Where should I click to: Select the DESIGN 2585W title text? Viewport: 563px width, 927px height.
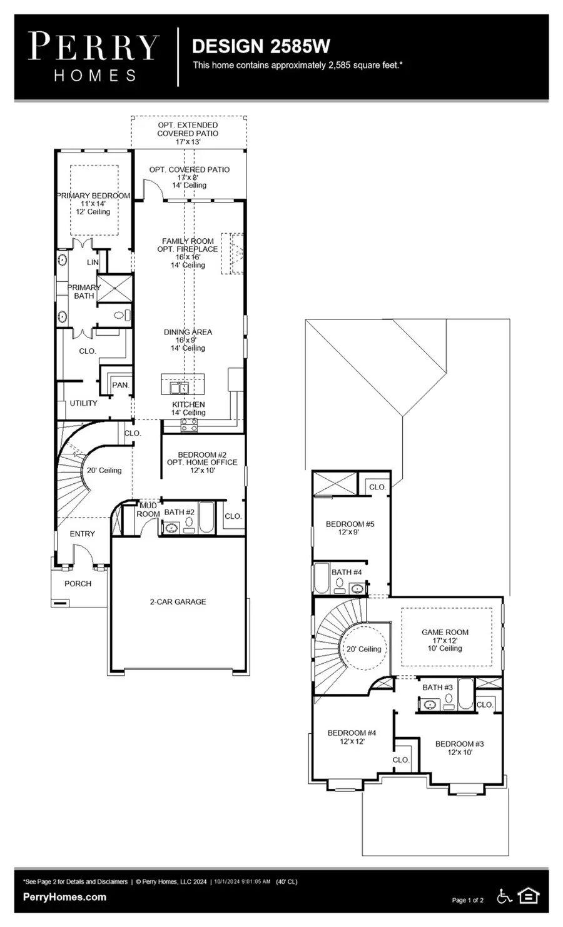[x=260, y=46]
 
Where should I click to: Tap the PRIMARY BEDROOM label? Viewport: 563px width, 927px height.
[x=93, y=196]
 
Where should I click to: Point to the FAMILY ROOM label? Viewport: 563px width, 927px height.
[x=188, y=241]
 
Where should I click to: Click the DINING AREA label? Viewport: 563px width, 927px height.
[x=188, y=332]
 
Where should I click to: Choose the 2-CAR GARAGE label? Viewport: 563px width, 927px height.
[x=178, y=602]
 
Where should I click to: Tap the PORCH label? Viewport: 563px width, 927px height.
[x=78, y=584]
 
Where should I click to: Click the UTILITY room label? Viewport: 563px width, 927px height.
[x=83, y=403]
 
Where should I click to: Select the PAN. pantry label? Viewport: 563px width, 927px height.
[x=121, y=385]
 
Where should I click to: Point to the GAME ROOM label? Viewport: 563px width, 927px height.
[x=445, y=633]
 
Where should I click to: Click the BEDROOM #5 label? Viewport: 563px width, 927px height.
[x=350, y=524]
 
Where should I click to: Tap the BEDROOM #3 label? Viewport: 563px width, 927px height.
[x=459, y=744]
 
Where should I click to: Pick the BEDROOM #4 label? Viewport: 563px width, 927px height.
[x=352, y=733]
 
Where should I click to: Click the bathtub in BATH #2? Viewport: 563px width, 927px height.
[x=206, y=516]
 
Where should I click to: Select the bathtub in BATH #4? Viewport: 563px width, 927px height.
[x=321, y=578]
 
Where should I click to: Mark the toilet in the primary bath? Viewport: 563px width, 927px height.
[x=125, y=316]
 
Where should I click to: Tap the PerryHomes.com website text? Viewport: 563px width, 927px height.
[x=64, y=897]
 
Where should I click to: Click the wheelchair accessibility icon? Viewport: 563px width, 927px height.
[x=504, y=896]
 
